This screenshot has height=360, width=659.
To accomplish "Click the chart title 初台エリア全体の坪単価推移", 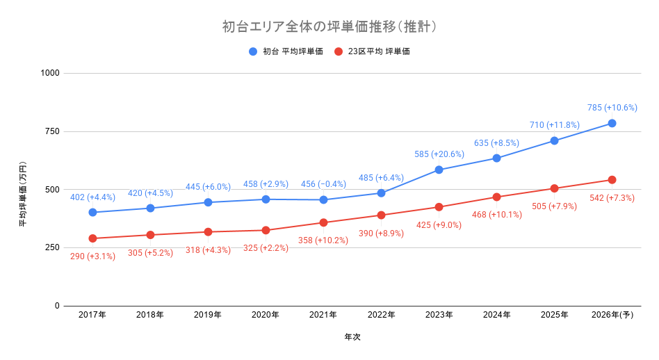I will (x=329, y=27).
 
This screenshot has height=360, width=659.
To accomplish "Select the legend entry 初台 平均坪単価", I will (x=292, y=51).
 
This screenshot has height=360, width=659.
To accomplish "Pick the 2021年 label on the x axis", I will (x=323, y=315).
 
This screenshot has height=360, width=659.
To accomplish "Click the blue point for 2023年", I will (x=439, y=170).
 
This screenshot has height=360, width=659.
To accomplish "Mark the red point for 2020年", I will (x=266, y=230).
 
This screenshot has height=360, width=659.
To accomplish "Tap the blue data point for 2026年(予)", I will (x=612, y=123).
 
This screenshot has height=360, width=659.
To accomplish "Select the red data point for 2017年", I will (x=92, y=238).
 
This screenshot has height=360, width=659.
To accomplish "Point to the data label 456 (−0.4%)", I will (x=323, y=184).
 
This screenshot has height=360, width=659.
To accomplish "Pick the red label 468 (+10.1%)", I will (x=496, y=214).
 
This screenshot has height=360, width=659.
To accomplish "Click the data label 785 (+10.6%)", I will (x=612, y=108).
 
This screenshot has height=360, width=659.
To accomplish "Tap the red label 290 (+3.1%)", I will (x=92, y=256).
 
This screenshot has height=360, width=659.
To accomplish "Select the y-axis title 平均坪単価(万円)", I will (x=23, y=189).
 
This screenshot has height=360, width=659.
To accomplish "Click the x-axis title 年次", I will (x=352, y=337).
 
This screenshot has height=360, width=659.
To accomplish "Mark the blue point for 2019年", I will (x=208, y=202).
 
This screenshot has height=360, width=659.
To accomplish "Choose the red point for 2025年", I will (x=554, y=188).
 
